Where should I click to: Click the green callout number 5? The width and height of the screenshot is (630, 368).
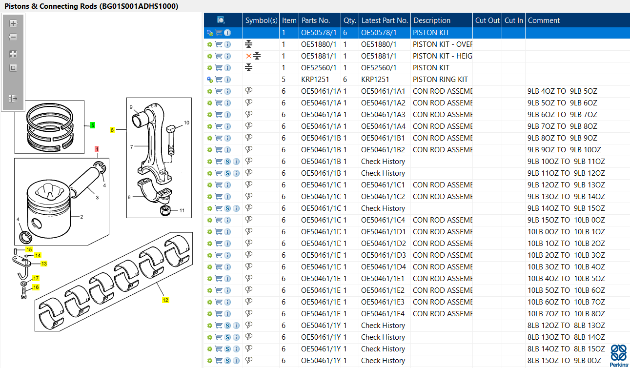(x=93, y=125)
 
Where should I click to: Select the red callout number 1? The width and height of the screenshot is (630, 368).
(x=97, y=149)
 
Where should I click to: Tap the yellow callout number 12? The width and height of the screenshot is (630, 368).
(x=165, y=300)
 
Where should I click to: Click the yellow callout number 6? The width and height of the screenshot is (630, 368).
(x=112, y=130)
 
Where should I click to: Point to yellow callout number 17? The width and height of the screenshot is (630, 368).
(x=36, y=278)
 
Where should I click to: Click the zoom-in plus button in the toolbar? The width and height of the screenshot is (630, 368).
(x=13, y=23)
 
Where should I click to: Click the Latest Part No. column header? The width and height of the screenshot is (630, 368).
(x=385, y=20)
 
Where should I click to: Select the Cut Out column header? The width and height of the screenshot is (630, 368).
(x=487, y=20)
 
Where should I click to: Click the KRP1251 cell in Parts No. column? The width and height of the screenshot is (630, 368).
(x=315, y=80)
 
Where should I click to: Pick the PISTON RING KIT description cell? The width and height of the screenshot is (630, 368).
(x=440, y=80)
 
